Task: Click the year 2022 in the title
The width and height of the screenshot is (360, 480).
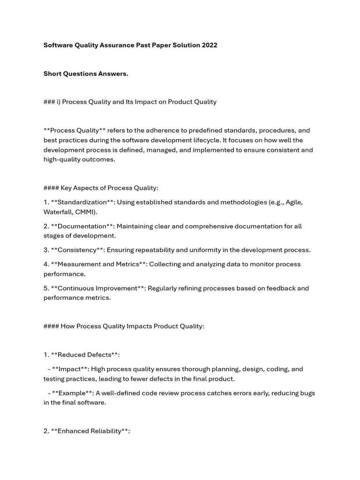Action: (x=210, y=45)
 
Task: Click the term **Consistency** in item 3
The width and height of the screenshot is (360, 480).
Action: (x=77, y=250)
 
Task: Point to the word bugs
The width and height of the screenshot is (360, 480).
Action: (x=307, y=393)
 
